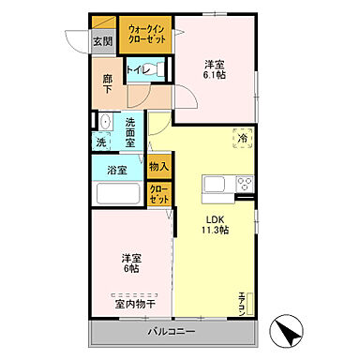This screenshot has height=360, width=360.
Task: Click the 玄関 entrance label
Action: (103, 41)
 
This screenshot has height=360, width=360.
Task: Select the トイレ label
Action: (137, 69)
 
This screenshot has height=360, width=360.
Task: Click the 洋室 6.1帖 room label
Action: (215, 71)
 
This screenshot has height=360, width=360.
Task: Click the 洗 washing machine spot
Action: (100, 142)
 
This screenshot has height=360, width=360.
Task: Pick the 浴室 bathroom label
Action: (116, 171)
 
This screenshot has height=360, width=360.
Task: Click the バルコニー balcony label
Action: (171, 333)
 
